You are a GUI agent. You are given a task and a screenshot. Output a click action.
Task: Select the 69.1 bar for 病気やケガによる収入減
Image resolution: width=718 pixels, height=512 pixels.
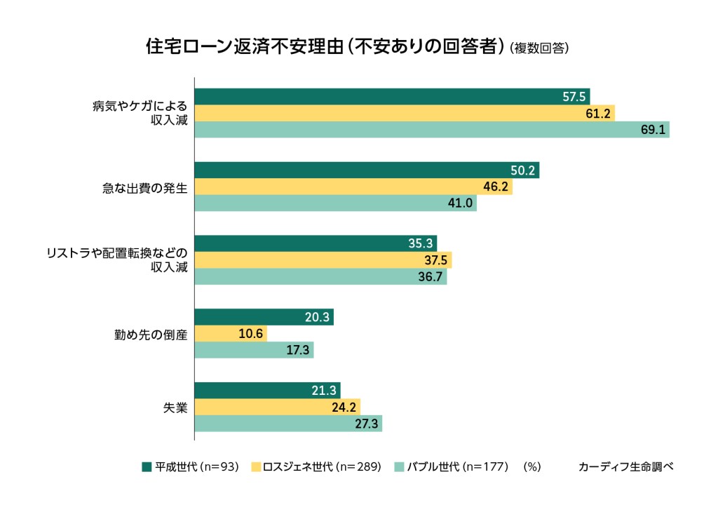click(x=431, y=130)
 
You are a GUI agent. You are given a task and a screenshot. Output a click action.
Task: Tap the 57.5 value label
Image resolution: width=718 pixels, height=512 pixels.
click(x=574, y=97)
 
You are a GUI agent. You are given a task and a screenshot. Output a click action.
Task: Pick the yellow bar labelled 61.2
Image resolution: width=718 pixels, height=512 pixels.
click(x=404, y=113)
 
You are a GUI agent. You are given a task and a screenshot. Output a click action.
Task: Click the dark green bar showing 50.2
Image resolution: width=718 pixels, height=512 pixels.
click(x=366, y=170)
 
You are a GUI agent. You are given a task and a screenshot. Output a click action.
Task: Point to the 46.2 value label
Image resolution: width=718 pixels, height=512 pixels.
click(x=496, y=187)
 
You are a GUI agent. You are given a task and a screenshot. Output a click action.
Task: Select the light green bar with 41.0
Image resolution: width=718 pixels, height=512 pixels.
click(x=335, y=203)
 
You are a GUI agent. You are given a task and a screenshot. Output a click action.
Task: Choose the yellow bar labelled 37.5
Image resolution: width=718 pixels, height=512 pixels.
click(x=323, y=260)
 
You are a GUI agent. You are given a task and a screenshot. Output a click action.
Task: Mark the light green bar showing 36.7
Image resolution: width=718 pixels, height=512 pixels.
click(x=320, y=277)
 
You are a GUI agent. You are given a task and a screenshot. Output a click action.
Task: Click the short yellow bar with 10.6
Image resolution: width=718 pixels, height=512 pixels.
click(x=230, y=334)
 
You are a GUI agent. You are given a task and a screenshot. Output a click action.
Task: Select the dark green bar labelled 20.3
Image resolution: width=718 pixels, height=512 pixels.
click(x=264, y=317)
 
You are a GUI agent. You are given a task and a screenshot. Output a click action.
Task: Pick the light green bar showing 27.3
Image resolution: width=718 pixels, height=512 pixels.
click(x=287, y=424)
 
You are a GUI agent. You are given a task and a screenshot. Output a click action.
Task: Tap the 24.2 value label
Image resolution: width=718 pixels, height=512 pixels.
click(x=344, y=407)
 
